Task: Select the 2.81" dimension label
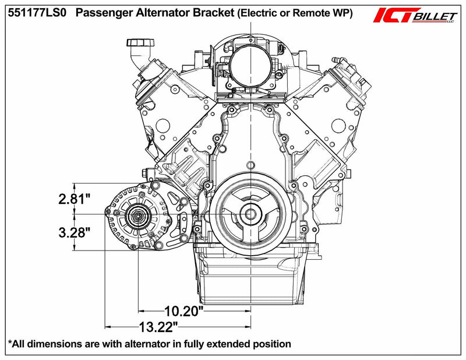[x=74, y=200]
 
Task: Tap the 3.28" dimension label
[x=74, y=233]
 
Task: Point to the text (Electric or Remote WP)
[x=294, y=13]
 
